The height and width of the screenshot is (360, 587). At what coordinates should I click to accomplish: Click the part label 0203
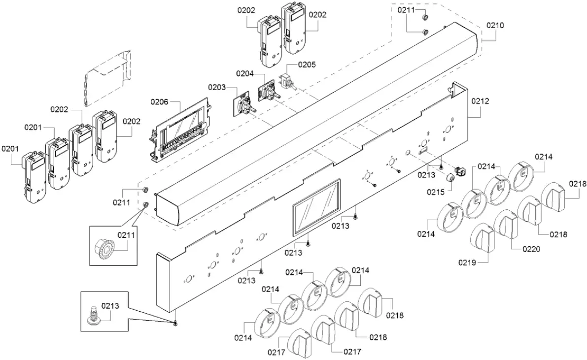(216, 88)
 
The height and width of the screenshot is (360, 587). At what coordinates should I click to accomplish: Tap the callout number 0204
(244, 74)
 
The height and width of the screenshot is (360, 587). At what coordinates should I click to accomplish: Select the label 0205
(307, 65)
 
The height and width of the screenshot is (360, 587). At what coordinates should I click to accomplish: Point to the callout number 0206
(159, 102)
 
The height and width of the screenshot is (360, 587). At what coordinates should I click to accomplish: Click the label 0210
(495, 25)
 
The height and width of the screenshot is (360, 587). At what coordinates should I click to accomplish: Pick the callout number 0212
(480, 101)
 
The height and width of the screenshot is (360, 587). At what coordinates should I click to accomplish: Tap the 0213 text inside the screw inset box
(110, 306)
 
